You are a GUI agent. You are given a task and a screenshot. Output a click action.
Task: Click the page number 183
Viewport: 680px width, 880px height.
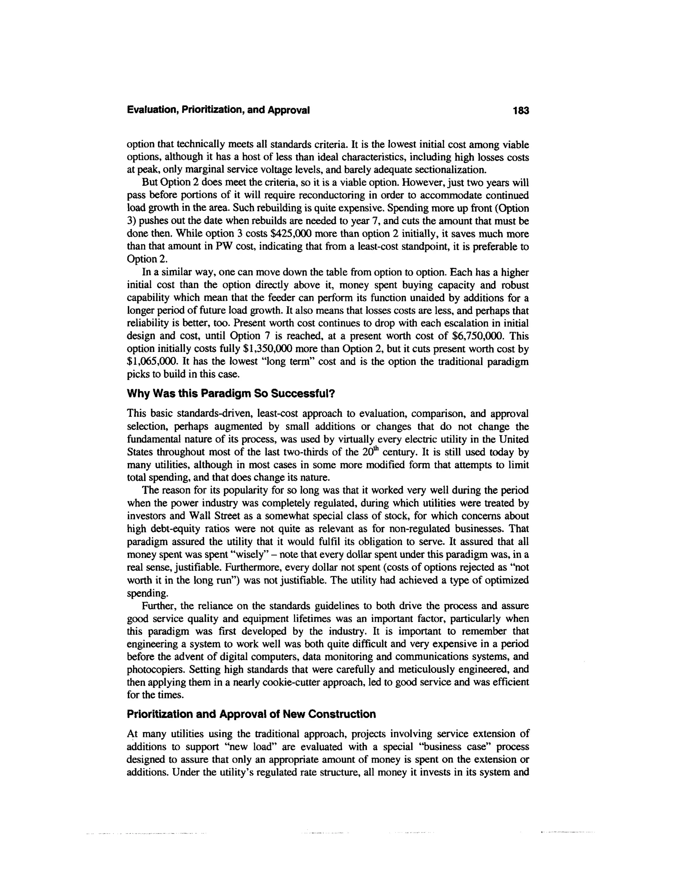pos(521,110)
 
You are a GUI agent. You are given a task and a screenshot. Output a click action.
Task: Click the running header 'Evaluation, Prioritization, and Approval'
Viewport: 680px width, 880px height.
pos(218,110)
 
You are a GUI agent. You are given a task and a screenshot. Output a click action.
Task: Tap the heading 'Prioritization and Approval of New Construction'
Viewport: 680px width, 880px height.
pos(251,714)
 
